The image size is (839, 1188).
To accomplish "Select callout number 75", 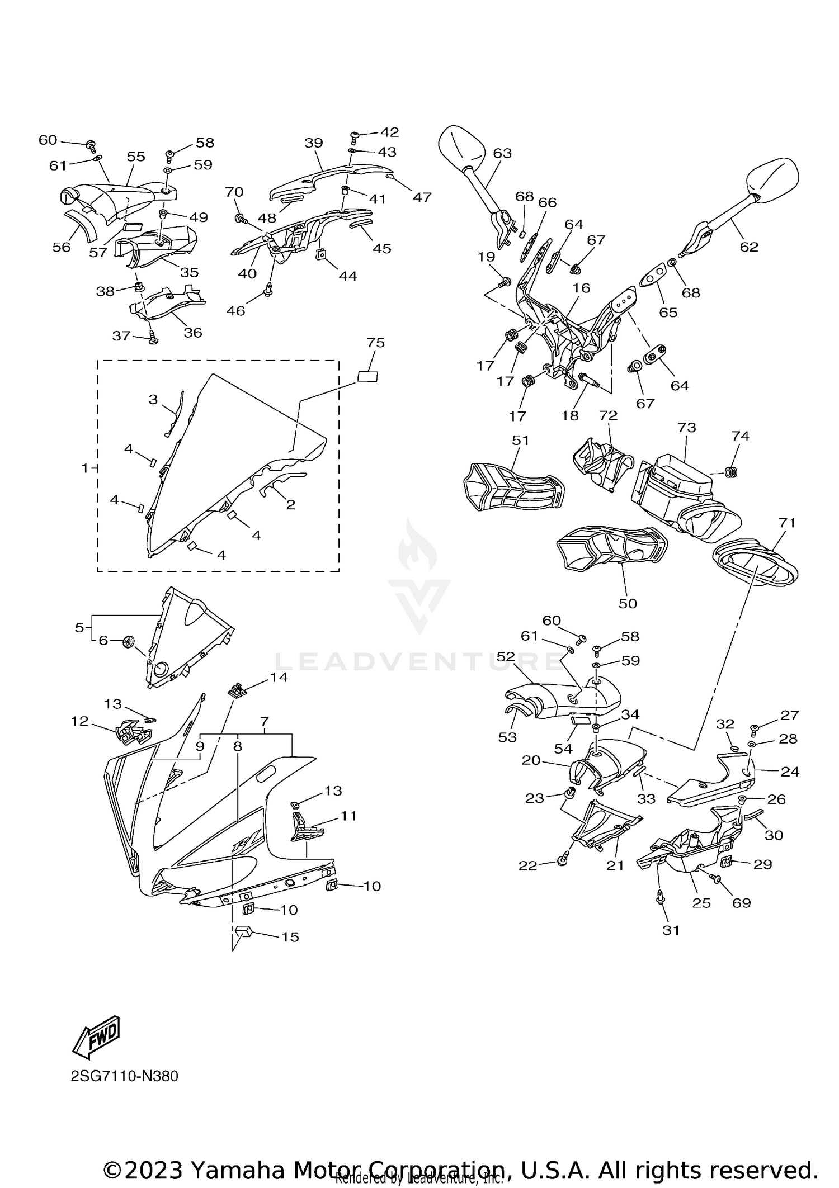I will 376,343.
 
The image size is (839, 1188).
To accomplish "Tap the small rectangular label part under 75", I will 367,376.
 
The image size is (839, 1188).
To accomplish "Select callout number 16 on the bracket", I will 582,287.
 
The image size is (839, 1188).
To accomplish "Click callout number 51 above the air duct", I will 520,440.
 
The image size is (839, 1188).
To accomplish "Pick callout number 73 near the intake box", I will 686,427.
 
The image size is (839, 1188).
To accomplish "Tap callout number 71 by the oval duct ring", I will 786,523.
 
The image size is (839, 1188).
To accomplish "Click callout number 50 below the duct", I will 628,603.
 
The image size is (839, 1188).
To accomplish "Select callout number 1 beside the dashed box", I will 85,467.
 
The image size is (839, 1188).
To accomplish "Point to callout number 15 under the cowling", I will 290,936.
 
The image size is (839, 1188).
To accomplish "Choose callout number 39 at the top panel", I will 314,143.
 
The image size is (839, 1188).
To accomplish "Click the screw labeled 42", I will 355,135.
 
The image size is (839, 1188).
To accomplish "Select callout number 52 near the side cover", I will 506,657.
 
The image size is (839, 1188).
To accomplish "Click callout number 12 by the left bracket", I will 80,721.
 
